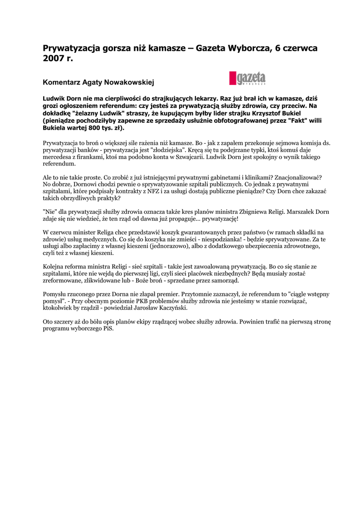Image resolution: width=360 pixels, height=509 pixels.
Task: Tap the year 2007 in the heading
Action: tap(54, 59)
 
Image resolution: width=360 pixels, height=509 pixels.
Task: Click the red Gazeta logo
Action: tap(247, 78)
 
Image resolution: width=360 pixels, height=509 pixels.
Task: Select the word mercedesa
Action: tap(57, 157)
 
